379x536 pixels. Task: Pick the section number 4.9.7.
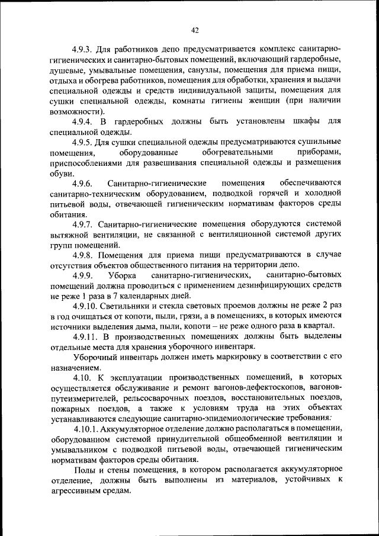85,224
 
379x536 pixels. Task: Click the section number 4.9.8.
85,255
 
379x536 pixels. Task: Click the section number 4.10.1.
89,429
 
